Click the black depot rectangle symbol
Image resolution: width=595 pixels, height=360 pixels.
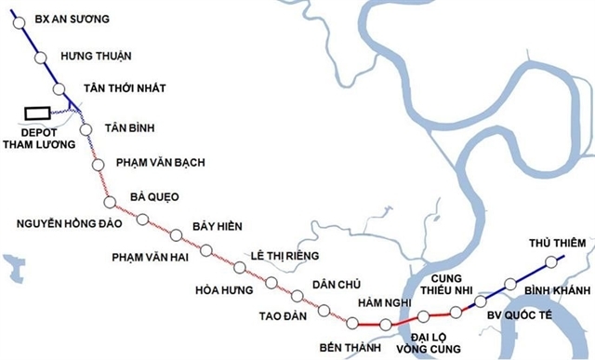tap(37, 112)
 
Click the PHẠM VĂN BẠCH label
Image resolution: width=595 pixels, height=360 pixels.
tap(161, 163)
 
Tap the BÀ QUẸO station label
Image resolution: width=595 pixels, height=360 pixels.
tap(154, 196)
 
